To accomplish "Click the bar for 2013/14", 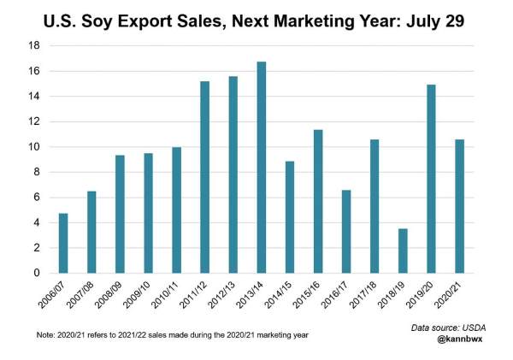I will pyautogui.click(x=261, y=168).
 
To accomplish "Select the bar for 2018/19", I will pyautogui.click(x=402, y=251).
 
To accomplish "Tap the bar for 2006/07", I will pyautogui.click(x=63, y=243).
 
